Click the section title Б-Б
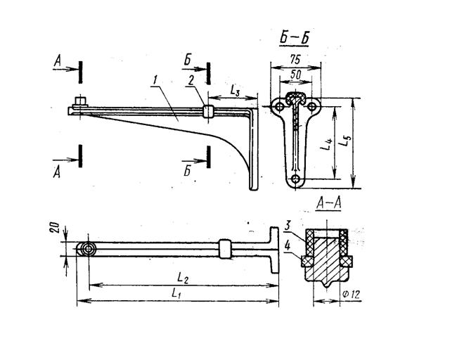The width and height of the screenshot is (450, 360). (x=294, y=38)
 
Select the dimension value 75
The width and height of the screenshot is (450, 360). (x=295, y=60)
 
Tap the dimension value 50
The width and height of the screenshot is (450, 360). (x=295, y=75)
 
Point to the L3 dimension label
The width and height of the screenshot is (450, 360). (x=235, y=90)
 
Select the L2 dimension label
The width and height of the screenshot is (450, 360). (x=183, y=278)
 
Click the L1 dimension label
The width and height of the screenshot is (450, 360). (x=176, y=293)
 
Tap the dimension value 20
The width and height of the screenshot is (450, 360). (x=56, y=227)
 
